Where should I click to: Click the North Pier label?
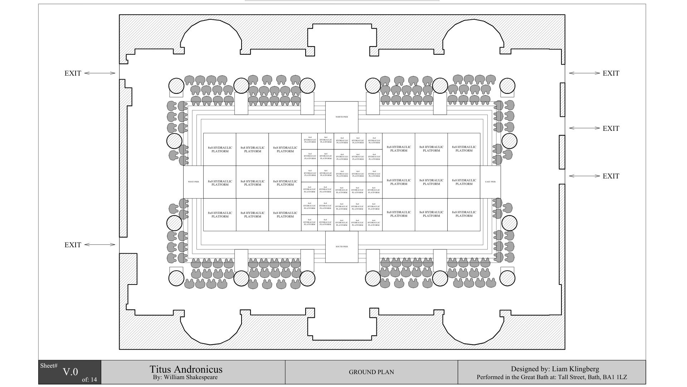(342, 117)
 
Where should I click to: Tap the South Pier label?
(342, 247)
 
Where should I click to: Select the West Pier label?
(193, 182)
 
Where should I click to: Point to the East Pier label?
(490, 182)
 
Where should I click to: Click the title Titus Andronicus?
(186, 369)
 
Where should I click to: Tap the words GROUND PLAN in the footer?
(371, 372)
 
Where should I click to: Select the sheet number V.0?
(70, 372)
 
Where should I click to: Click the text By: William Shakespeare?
(185, 377)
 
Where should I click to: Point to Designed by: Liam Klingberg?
(555, 369)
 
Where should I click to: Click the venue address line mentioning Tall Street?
(551, 377)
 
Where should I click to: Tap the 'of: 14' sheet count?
(89, 380)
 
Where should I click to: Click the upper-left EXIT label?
(73, 73)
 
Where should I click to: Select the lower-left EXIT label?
(73, 245)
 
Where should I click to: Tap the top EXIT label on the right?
(611, 73)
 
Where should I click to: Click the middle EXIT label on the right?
(611, 128)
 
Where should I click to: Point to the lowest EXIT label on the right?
(611, 176)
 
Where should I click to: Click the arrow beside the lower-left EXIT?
(100, 245)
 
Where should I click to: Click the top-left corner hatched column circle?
(176, 86)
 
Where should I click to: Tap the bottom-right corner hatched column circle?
(507, 278)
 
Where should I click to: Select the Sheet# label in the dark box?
(49, 365)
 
